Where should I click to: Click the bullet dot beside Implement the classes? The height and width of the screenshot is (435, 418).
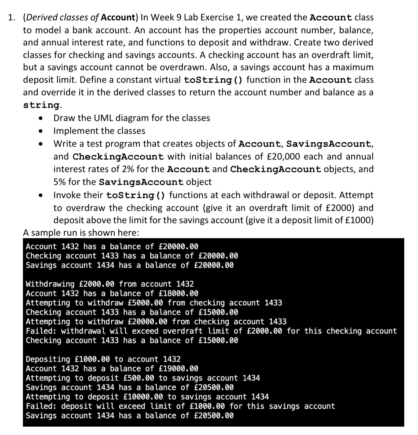click(40, 131)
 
